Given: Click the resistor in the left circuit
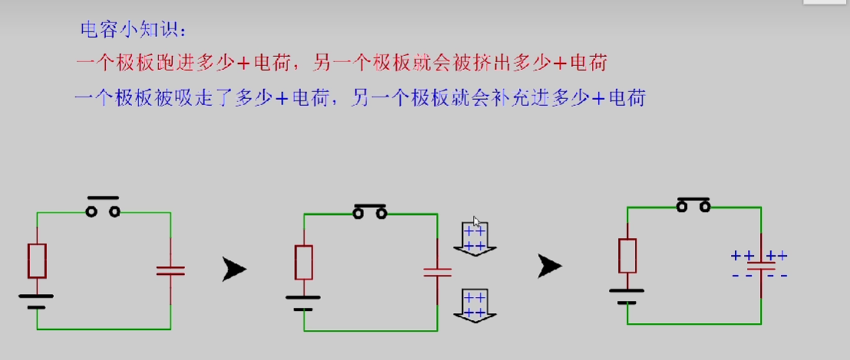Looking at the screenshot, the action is (x=37, y=261).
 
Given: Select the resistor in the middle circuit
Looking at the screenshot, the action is (x=303, y=262).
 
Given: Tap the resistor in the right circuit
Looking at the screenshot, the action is (x=627, y=256).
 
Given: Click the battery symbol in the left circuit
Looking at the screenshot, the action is (x=36, y=300).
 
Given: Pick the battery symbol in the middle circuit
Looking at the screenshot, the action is (x=303, y=302).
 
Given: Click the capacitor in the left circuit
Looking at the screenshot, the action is (x=170, y=270).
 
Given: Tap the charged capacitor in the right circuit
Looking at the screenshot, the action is (x=760, y=266).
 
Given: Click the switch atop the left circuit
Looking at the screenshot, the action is (x=103, y=209).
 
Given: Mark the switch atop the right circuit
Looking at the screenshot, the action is (x=693, y=204).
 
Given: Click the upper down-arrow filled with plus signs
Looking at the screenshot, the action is (x=475, y=238).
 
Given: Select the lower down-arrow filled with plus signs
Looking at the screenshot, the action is (x=475, y=305).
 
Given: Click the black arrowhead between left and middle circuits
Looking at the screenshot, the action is (x=234, y=269).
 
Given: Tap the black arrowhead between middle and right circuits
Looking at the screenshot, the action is (x=550, y=266).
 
